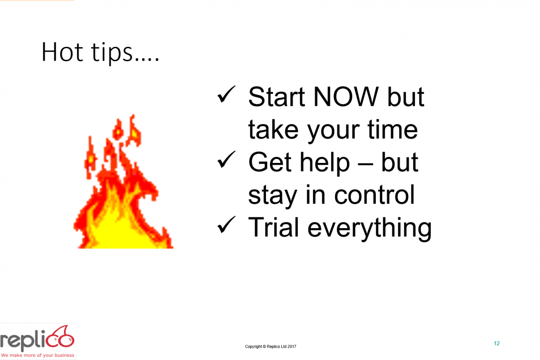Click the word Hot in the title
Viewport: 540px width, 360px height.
click(x=63, y=52)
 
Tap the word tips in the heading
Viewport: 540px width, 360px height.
click(x=112, y=53)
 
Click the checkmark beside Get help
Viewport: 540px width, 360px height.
click(x=226, y=159)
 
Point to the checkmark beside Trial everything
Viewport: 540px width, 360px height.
click(x=226, y=225)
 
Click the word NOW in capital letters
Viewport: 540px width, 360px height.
click(x=346, y=97)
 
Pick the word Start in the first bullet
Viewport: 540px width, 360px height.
click(x=276, y=97)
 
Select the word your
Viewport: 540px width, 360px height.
click(x=333, y=133)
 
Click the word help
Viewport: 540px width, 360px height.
click(x=324, y=163)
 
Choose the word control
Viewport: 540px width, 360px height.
click(x=374, y=194)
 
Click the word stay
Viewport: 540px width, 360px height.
click(x=272, y=197)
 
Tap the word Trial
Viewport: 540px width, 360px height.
click(x=274, y=227)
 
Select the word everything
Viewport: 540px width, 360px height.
click(x=369, y=229)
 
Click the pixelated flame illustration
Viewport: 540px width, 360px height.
click(x=123, y=183)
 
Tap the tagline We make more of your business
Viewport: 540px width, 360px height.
click(x=38, y=355)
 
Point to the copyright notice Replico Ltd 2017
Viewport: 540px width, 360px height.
click(x=270, y=346)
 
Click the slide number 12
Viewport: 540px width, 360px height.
click(x=497, y=343)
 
